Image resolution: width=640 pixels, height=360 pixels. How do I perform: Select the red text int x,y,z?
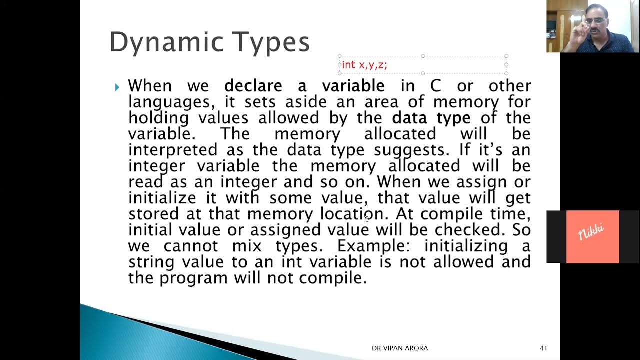point(364,65)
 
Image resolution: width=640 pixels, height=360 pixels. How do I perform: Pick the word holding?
point(158,118)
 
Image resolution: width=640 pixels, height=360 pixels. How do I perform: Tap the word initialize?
point(162,198)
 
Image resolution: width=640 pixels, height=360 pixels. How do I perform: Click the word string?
point(151,262)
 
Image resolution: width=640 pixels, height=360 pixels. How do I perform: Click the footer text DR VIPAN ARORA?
point(399,348)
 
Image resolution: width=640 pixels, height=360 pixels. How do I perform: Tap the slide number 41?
point(544,348)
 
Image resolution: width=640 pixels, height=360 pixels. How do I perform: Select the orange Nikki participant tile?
point(592,236)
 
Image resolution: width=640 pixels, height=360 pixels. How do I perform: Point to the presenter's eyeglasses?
point(596,20)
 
